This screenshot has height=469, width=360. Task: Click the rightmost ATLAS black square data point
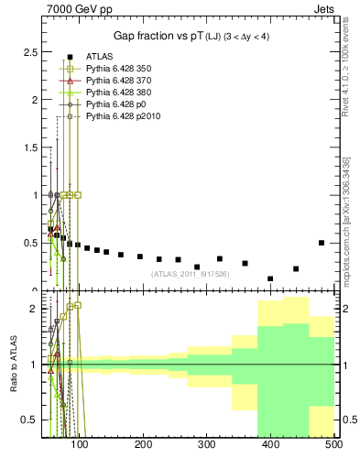tap(322, 243)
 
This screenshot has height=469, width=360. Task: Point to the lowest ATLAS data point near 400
tap(270, 278)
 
